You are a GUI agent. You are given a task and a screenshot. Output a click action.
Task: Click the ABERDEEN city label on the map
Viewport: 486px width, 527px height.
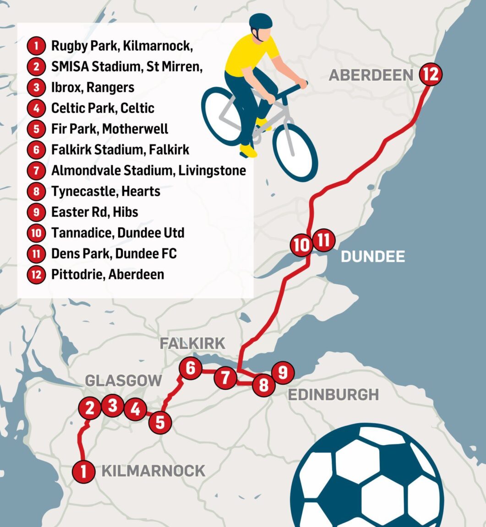[x=371, y=75]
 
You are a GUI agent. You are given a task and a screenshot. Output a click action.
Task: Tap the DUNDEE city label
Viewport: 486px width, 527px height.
[x=373, y=256]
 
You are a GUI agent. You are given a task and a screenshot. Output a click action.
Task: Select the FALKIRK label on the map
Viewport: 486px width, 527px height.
[x=192, y=344]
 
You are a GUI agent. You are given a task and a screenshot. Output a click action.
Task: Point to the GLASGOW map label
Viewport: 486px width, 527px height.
[x=124, y=380]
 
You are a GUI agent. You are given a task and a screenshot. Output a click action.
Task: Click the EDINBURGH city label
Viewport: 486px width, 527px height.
[x=333, y=394]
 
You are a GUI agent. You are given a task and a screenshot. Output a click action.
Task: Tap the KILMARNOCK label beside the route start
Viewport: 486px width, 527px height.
[x=153, y=471]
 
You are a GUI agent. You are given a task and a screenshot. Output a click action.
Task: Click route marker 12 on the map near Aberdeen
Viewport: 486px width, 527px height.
[x=431, y=74]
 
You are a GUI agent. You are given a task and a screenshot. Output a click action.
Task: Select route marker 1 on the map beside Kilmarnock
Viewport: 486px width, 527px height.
[x=83, y=471]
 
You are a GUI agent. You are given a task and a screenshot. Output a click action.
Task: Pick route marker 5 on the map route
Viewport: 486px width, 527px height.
[x=160, y=422]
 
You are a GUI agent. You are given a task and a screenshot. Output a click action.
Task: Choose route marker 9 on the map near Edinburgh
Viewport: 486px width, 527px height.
[x=283, y=373]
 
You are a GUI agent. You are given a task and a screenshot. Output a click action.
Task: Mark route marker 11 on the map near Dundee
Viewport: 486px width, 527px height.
[x=324, y=240]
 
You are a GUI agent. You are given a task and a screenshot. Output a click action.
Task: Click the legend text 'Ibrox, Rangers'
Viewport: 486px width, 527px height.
[x=93, y=87]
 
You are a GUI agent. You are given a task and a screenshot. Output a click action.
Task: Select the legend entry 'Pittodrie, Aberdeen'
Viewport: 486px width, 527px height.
[x=108, y=274]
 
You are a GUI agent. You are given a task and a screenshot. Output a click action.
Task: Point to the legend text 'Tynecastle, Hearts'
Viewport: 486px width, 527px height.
[x=106, y=191]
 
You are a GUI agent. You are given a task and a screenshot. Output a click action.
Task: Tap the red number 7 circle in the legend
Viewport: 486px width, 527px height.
[x=37, y=171]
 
